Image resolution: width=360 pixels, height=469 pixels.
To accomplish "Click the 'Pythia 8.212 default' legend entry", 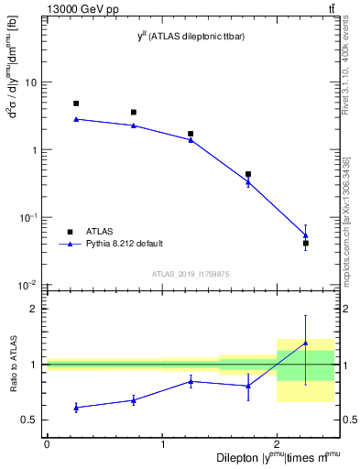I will [x=124, y=244].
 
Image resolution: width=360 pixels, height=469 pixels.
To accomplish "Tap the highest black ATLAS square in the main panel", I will [x=76, y=104].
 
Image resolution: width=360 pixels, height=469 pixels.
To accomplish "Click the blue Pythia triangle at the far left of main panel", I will [x=76, y=119].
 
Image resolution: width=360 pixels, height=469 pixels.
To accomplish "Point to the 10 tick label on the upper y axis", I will [x=30, y=82].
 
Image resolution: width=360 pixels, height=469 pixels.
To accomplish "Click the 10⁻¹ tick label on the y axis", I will [x=28, y=218].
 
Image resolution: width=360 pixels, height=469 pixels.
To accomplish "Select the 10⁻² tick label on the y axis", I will [x=28, y=286].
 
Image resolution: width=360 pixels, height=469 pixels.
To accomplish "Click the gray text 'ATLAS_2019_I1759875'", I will [x=191, y=274].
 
